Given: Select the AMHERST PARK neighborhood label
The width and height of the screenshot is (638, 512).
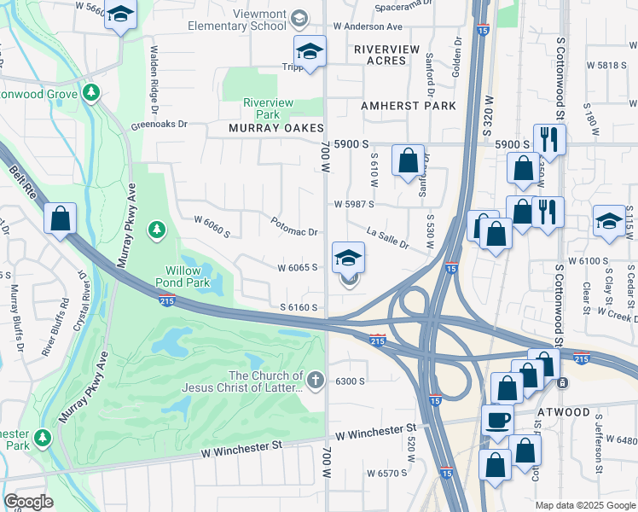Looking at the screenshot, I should (x=408, y=106).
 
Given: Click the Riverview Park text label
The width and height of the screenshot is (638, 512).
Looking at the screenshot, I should (x=268, y=108).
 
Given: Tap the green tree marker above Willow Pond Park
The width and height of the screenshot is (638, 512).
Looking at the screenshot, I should (x=156, y=230).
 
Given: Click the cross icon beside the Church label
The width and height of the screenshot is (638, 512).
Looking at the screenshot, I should (x=316, y=381).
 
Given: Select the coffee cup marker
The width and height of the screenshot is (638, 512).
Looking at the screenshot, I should (x=498, y=420).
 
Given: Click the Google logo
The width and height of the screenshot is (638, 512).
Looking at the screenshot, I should (x=28, y=502).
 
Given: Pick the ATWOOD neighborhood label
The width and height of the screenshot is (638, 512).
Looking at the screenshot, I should (x=564, y=412).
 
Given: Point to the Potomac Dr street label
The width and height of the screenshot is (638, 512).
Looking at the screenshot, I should (x=295, y=232).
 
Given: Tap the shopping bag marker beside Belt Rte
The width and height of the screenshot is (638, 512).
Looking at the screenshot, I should (x=60, y=219).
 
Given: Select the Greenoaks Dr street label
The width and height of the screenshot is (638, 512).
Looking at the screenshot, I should (x=159, y=124).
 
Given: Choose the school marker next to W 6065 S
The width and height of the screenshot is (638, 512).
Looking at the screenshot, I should (x=348, y=258).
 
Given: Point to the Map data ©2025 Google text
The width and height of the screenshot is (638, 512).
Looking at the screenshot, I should (x=584, y=505).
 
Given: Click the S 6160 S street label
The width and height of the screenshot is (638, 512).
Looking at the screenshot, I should (x=299, y=307).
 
